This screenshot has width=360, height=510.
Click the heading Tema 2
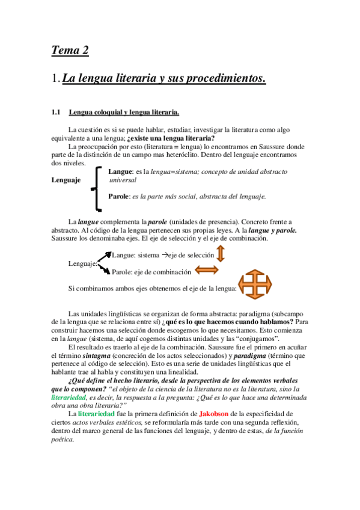[70, 51]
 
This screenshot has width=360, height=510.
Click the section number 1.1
[57, 112]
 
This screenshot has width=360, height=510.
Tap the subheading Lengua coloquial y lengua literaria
[124, 112]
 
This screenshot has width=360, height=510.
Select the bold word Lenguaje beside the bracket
[67, 179]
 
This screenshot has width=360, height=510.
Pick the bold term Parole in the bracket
[119, 196]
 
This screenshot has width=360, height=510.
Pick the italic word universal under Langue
[122, 180]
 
